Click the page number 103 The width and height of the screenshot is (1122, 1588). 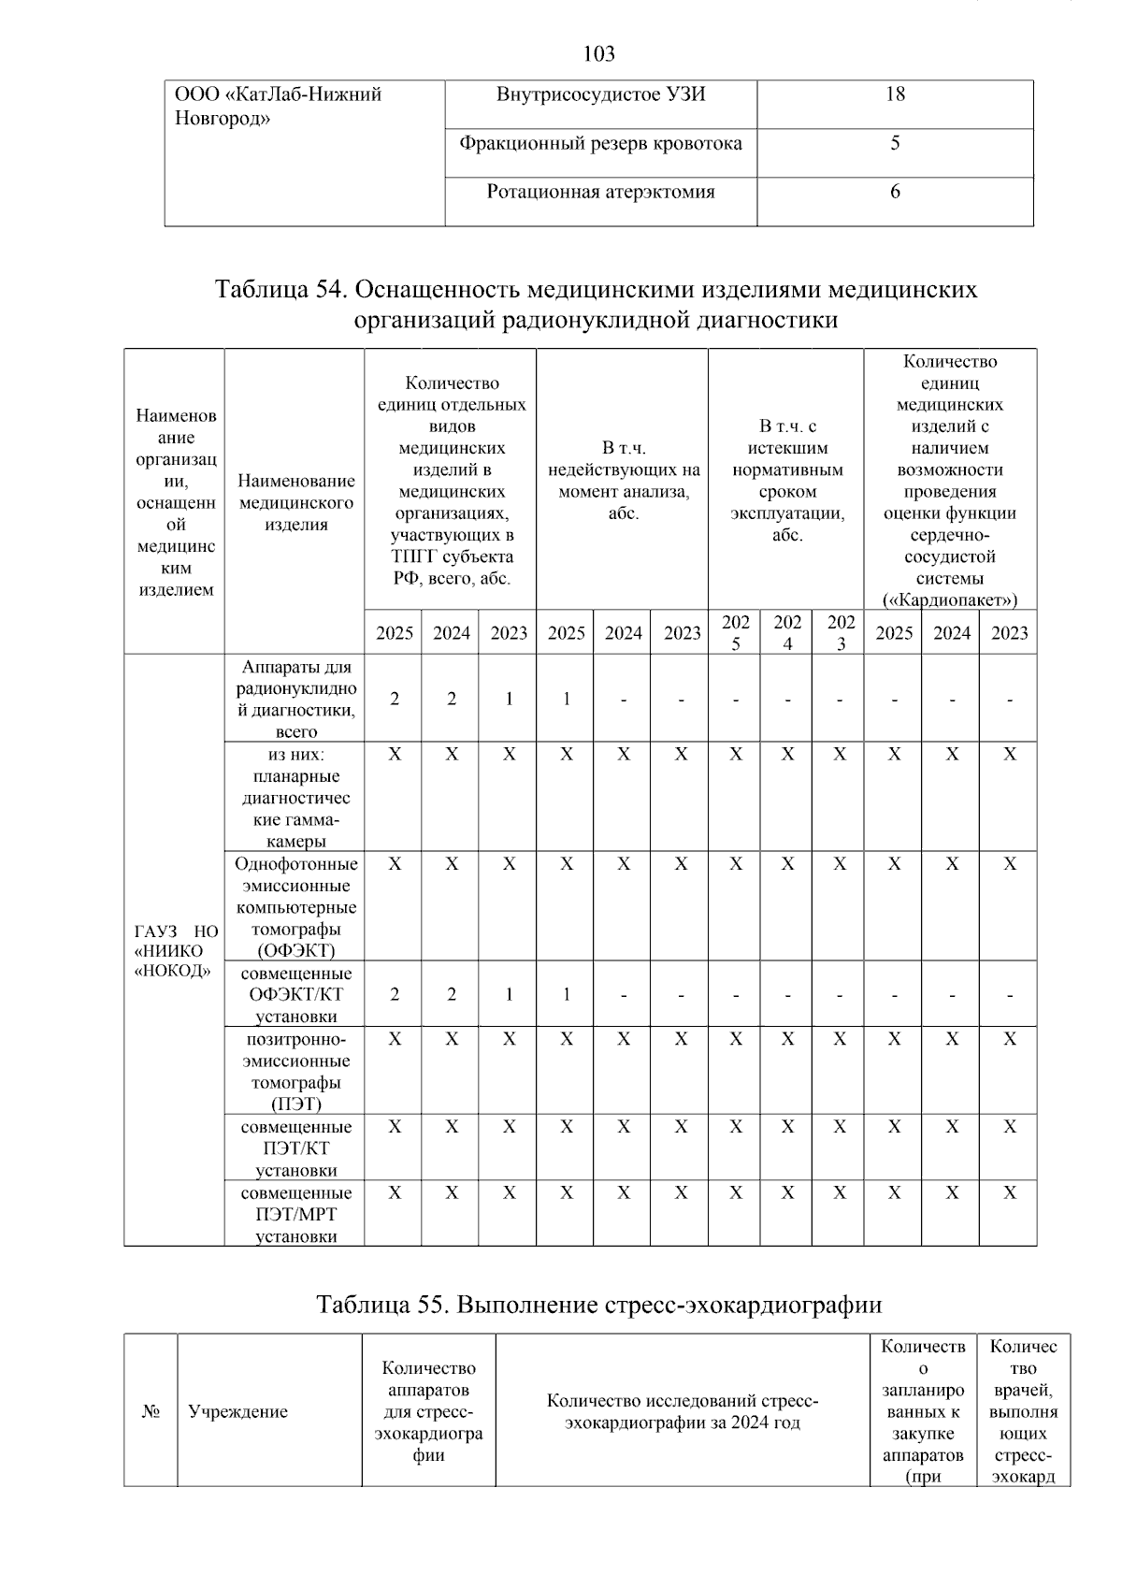pyautogui.click(x=598, y=54)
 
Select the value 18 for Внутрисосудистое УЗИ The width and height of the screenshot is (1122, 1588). pyautogui.click(x=895, y=94)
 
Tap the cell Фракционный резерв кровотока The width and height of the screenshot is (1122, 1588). pyautogui.click(x=600, y=144)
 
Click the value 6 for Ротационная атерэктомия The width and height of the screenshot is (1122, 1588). pyautogui.click(x=895, y=193)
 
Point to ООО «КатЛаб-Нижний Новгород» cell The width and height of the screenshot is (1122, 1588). pyautogui.click(x=279, y=107)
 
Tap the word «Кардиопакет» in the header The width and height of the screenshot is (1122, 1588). pyautogui.click(x=950, y=599)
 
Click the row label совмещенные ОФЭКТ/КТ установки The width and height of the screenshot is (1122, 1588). pyautogui.click(x=295, y=995)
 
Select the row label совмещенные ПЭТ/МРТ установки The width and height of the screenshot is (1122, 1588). pyautogui.click(x=295, y=1214)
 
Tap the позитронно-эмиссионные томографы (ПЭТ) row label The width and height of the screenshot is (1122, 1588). pyautogui.click(x=295, y=1072)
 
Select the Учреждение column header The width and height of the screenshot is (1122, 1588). pyautogui.click(x=238, y=1412)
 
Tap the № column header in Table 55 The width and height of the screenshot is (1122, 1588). pyautogui.click(x=151, y=1412)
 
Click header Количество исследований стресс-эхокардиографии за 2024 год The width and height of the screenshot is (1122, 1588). pyautogui.click(x=683, y=1412)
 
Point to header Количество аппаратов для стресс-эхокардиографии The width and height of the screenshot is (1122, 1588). pyautogui.click(x=428, y=1412)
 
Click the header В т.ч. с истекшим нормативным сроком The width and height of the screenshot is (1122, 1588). pyautogui.click(x=787, y=481)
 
